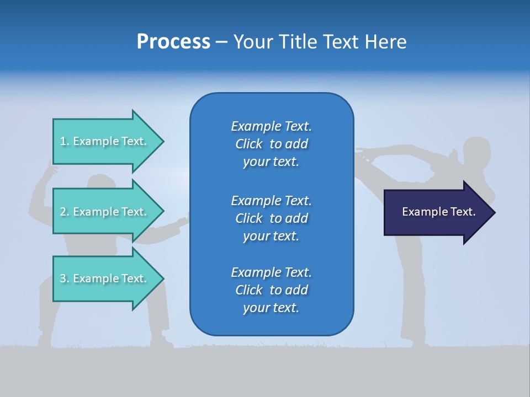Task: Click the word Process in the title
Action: click(173, 42)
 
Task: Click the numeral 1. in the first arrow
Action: click(65, 141)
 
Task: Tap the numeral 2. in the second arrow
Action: click(65, 212)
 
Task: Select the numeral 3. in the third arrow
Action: click(65, 278)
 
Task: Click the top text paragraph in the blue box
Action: click(271, 144)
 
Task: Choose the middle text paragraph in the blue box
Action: click(271, 218)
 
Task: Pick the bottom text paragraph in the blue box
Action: click(271, 290)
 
